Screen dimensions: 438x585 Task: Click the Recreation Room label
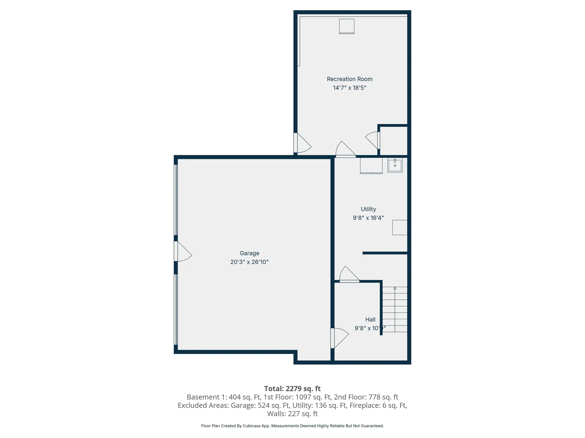pos(349,79)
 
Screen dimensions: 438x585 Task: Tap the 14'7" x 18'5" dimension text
pos(349,88)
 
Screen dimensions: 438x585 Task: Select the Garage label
pos(249,253)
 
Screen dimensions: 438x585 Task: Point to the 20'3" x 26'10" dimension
pos(249,262)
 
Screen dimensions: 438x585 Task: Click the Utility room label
pos(368,209)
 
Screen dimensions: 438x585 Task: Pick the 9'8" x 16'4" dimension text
pos(368,218)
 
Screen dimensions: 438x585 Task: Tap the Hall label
pos(370,319)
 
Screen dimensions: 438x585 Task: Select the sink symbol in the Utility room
pos(395,165)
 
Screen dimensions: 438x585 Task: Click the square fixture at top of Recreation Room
pos(347,26)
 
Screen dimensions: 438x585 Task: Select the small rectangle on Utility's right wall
pos(400,228)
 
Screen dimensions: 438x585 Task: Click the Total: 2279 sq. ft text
pos(292,389)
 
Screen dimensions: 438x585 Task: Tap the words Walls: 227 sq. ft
pos(292,414)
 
